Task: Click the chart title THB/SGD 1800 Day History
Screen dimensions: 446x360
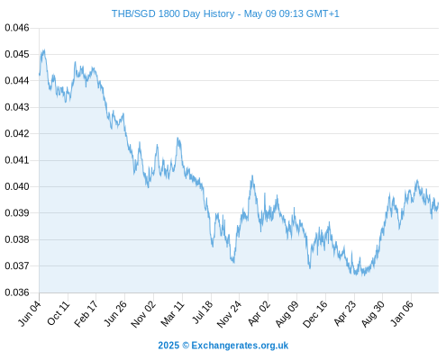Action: pyautogui.click(x=173, y=13)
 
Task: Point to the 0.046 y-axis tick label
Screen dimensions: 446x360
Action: pyautogui.click(x=17, y=28)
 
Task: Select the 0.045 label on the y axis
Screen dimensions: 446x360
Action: pyautogui.click(x=17, y=54)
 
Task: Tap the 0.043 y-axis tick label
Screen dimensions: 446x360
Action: pyautogui.click(x=17, y=107)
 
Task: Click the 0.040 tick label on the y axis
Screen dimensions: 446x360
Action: pyautogui.click(x=17, y=186)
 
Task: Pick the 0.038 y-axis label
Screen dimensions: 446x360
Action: pyautogui.click(x=17, y=239)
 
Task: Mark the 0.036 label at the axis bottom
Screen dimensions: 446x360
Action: pyautogui.click(x=17, y=292)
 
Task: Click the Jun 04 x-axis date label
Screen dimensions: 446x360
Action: pyautogui.click(x=30, y=313)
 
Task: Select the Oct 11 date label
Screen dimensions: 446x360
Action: pyautogui.click(x=59, y=313)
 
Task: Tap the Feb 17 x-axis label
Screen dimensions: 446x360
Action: pyautogui.click(x=86, y=313)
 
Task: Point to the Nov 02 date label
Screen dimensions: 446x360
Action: pyautogui.click(x=143, y=314)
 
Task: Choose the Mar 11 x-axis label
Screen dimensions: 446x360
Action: pyautogui.click(x=172, y=313)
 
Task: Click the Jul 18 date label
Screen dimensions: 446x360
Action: pyautogui.click(x=202, y=312)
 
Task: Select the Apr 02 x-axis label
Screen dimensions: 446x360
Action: pyautogui.click(x=259, y=313)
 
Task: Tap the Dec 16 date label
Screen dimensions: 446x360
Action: pyautogui.click(x=315, y=314)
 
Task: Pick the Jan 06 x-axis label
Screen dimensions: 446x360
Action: pyautogui.click(x=402, y=313)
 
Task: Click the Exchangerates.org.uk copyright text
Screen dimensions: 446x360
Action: pyautogui.click(x=223, y=346)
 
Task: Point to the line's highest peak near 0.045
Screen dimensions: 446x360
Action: pyautogui.click(x=44, y=49)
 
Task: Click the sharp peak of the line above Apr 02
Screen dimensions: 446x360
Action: pyautogui.click(x=252, y=175)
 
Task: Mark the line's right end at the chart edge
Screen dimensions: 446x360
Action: pyautogui.click(x=439, y=203)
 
